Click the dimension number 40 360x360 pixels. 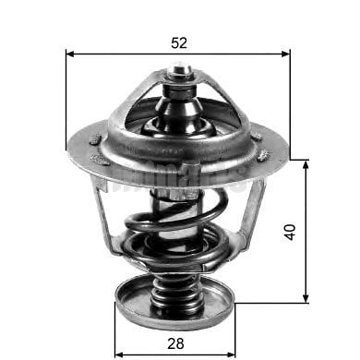point(291,231)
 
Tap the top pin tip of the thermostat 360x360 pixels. point(180,68)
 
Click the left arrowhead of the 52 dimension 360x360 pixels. point(71,54)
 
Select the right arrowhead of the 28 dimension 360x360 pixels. point(234,352)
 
